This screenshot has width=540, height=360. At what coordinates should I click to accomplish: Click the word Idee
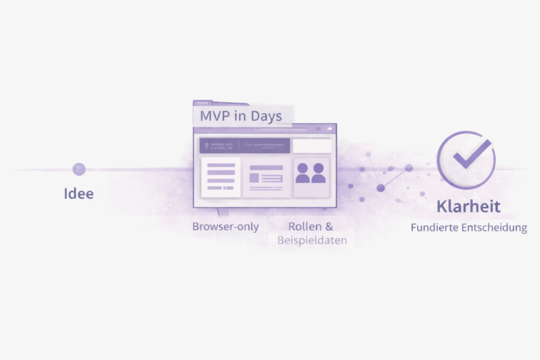[x=78, y=193]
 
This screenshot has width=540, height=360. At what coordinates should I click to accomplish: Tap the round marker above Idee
[x=79, y=169]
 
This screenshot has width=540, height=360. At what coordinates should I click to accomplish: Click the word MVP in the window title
[x=215, y=115]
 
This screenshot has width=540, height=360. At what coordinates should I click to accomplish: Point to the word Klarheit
[x=468, y=207]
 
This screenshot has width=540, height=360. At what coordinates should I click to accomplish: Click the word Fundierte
[x=437, y=228]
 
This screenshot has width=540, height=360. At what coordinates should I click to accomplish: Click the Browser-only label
[x=225, y=226]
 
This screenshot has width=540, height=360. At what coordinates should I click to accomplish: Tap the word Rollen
[x=304, y=226]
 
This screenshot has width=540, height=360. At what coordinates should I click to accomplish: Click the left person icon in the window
[x=304, y=173]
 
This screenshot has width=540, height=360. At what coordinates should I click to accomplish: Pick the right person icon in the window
[x=319, y=173]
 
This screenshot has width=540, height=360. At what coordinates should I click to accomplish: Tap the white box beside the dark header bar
[x=311, y=146]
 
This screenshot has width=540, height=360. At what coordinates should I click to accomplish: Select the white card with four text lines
[x=221, y=176]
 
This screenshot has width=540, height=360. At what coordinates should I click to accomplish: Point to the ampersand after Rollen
[x=328, y=226]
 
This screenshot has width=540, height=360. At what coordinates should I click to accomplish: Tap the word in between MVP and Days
[x=239, y=115]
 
